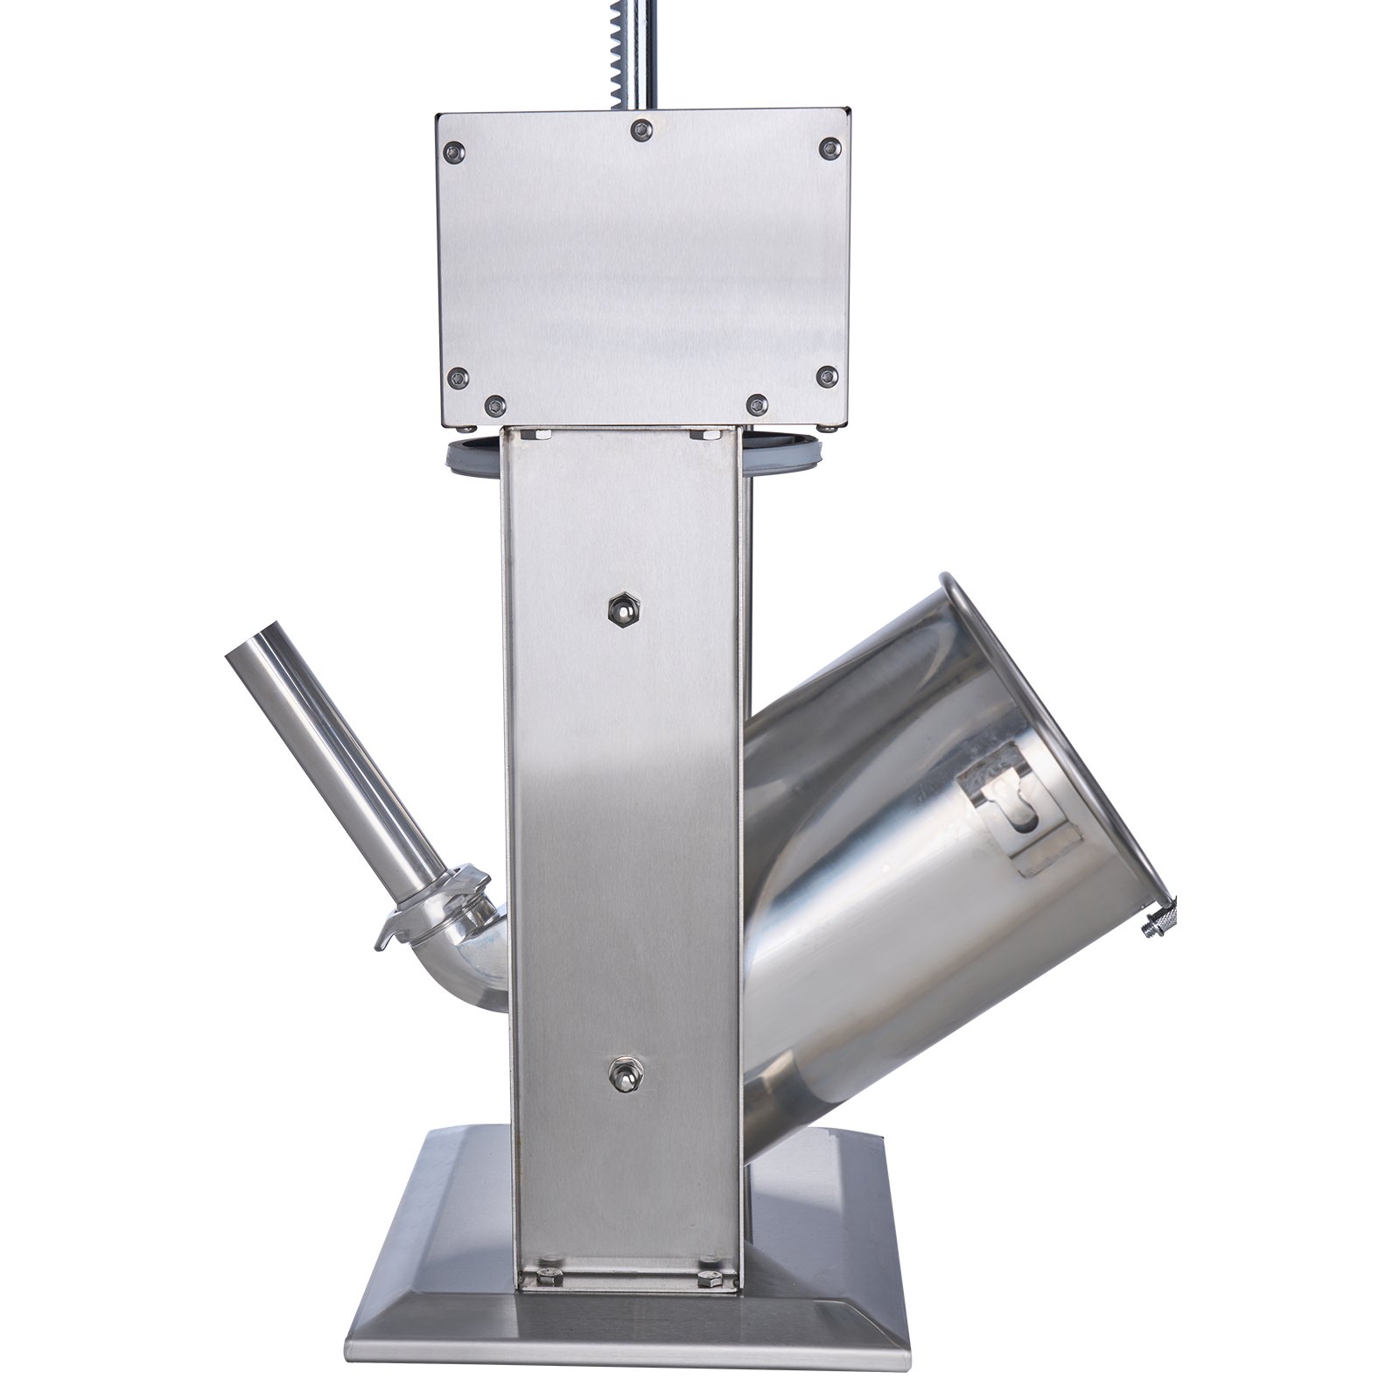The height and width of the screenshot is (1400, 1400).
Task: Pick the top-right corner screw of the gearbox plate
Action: coord(829,148)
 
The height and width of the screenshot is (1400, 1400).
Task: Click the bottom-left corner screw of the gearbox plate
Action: coord(459,378)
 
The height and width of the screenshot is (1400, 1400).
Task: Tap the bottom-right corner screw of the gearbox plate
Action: coord(827,377)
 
